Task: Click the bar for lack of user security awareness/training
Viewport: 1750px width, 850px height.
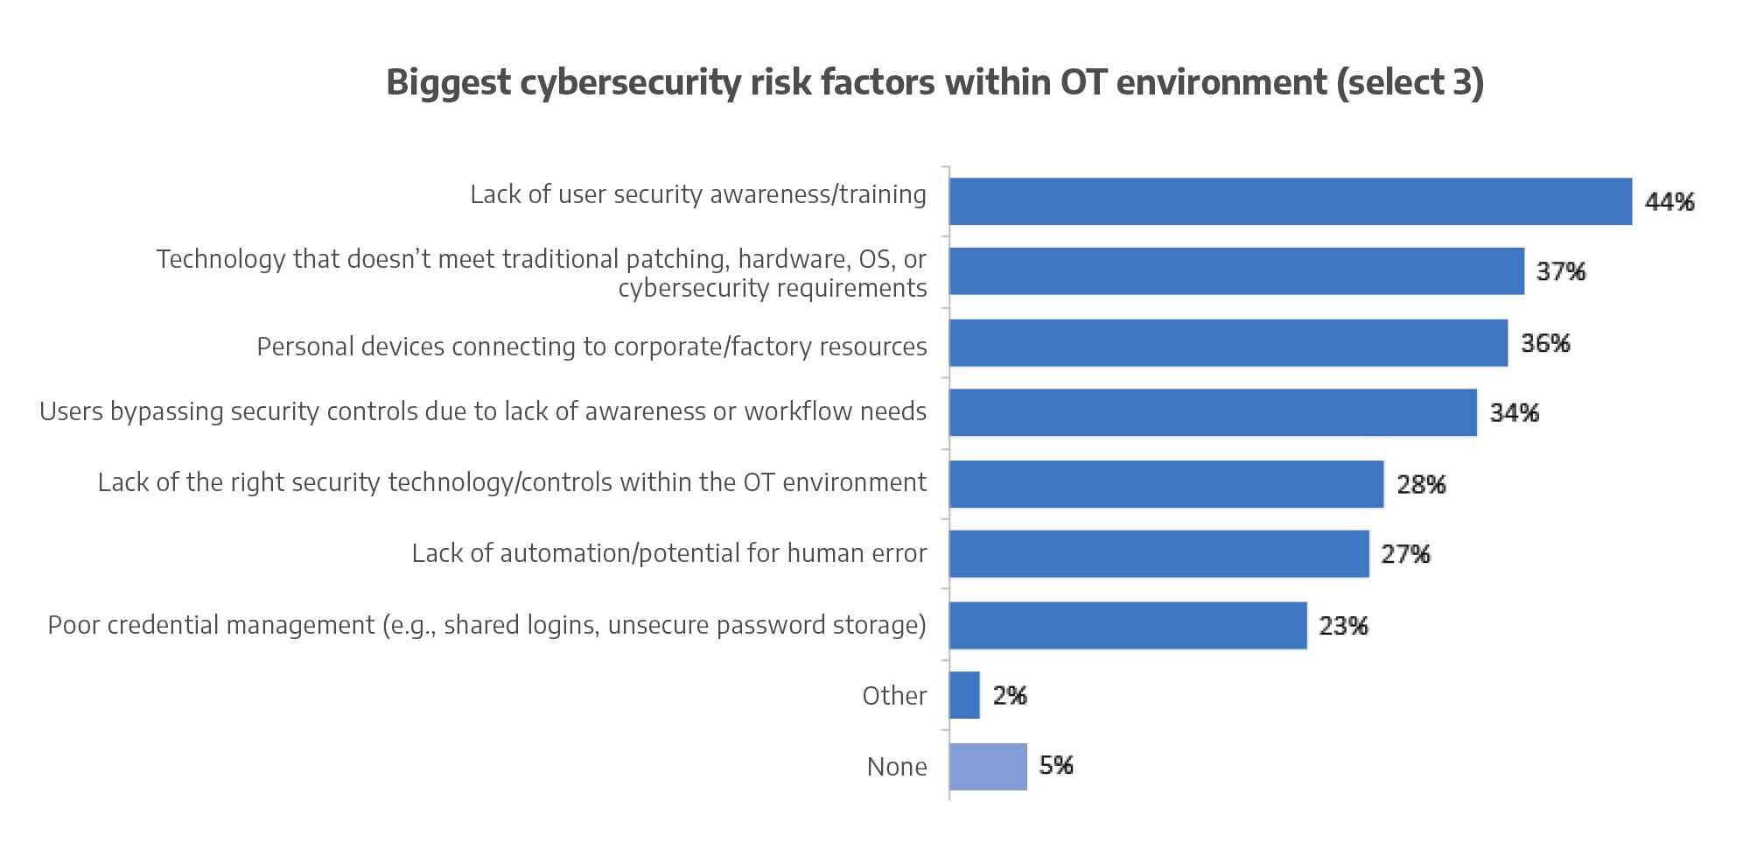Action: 1291,201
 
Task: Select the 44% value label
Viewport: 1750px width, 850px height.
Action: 1669,202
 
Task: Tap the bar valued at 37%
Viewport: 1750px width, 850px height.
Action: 1236,271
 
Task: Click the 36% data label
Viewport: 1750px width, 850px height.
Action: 1545,343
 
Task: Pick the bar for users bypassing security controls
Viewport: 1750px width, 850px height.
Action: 1213,412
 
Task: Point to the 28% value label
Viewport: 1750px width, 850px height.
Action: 1421,484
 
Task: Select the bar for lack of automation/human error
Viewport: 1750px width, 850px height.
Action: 1158,553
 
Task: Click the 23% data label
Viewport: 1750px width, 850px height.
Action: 1343,626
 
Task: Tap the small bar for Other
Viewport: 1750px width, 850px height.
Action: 964,695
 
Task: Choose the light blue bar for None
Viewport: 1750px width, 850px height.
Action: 988,766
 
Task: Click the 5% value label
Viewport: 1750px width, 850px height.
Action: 1055,765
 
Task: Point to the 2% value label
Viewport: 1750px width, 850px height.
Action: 1009,696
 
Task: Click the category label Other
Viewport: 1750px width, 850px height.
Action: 894,696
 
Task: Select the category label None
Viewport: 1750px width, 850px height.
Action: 897,767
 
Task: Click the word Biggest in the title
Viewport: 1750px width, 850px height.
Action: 448,83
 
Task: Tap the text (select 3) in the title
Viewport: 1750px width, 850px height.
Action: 1410,83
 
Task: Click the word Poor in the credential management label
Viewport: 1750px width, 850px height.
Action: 73,625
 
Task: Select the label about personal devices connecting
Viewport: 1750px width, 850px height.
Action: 591,347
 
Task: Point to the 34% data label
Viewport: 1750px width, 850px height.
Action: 1514,412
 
